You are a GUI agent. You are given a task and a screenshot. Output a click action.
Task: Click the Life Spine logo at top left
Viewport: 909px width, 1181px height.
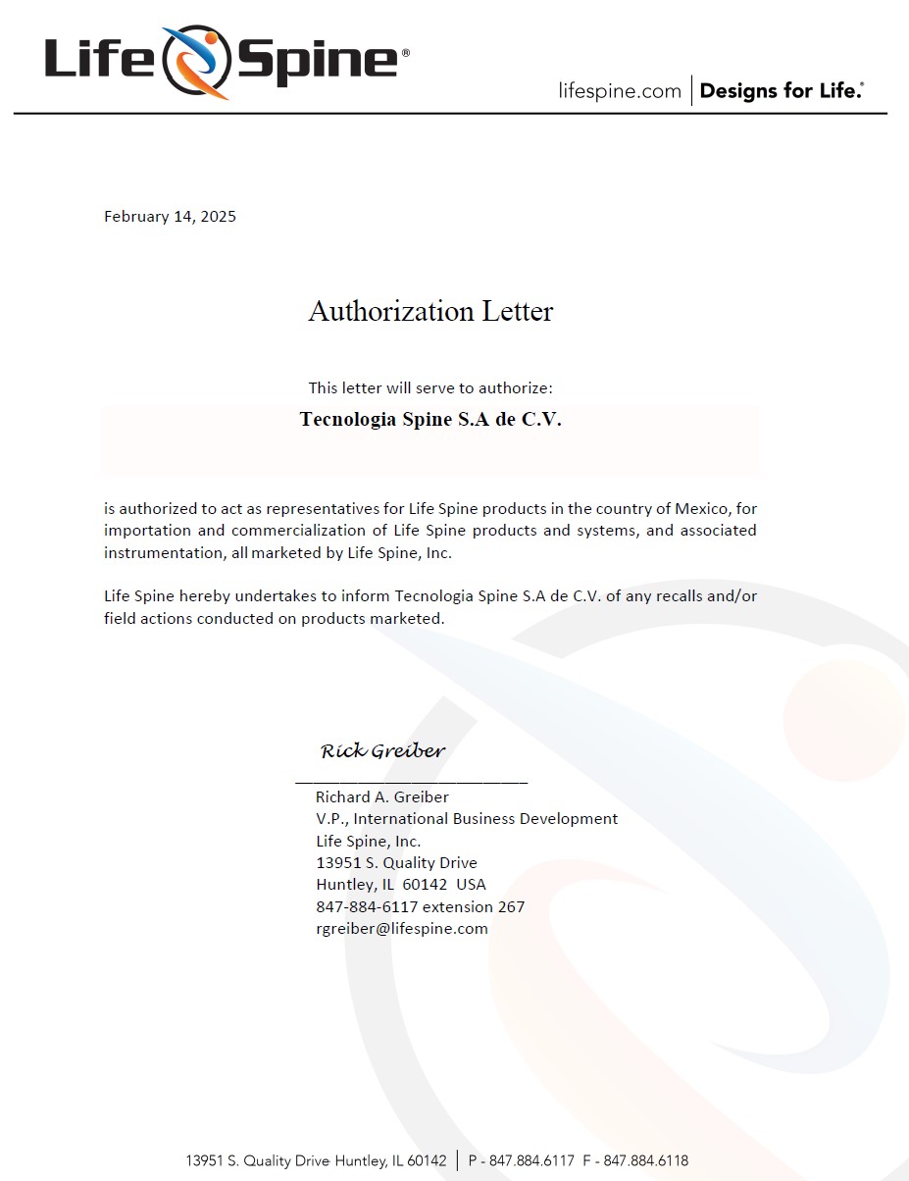(x=226, y=61)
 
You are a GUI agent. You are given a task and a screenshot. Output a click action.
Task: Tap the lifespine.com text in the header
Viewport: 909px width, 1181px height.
(x=619, y=91)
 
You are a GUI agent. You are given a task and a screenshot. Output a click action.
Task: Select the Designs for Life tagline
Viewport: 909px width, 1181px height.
(x=782, y=91)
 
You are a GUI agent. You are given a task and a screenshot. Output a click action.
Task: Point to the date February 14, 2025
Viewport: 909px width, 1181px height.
(x=170, y=217)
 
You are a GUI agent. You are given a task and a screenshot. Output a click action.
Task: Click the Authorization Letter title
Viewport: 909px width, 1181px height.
(x=430, y=311)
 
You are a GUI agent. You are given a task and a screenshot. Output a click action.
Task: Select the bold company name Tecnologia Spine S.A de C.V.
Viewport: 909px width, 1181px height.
(x=430, y=420)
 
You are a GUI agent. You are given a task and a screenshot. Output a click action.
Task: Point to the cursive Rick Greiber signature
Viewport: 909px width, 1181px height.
(x=382, y=751)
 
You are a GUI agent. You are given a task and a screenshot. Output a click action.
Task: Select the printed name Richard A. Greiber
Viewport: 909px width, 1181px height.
(x=381, y=797)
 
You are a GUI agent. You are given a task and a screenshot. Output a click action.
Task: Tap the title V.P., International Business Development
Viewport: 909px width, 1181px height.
(x=467, y=819)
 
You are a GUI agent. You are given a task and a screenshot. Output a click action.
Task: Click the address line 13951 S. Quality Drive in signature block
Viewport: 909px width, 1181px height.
(x=396, y=863)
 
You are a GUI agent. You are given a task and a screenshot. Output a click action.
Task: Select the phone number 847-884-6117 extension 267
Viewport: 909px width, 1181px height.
(x=420, y=907)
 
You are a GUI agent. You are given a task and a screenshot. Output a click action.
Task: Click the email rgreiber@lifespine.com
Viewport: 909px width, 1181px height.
(x=402, y=929)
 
